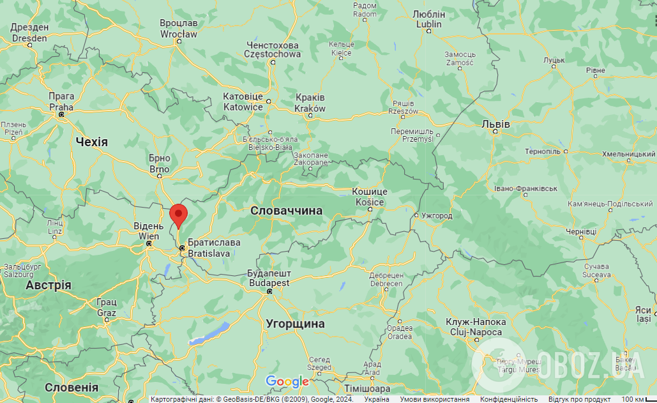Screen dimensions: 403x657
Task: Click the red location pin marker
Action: pyautogui.click(x=179, y=215)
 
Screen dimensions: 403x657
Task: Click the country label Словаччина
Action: pyautogui.click(x=286, y=211)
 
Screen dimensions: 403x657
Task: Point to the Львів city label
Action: pyautogui.click(x=495, y=124)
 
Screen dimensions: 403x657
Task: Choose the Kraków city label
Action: pyautogui.click(x=310, y=103)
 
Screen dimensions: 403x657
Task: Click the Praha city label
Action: pyautogui.click(x=61, y=102)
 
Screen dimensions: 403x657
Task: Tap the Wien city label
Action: pyautogui.click(x=148, y=231)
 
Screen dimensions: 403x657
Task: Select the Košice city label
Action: pyautogui.click(x=370, y=197)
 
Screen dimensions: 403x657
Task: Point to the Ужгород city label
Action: pyautogui.click(x=437, y=216)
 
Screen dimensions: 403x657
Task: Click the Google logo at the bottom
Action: pyautogui.click(x=287, y=382)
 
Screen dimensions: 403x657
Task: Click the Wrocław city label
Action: pyautogui.click(x=178, y=29)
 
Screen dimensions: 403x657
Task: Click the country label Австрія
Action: pyautogui.click(x=48, y=285)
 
